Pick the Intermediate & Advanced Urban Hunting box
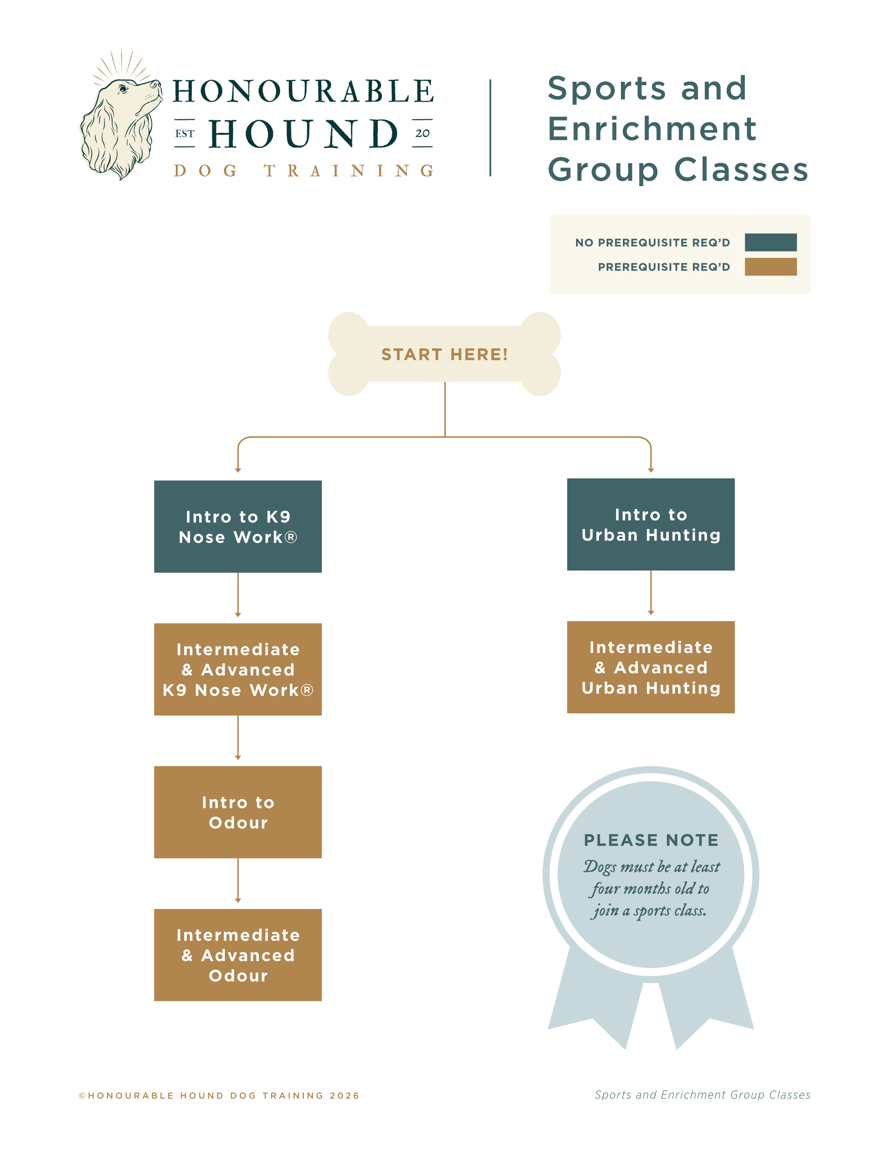point(650,667)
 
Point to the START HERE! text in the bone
point(444,354)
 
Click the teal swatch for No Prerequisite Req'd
point(770,242)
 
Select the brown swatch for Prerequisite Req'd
point(770,267)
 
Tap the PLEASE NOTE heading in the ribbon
point(651,840)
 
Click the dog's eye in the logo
point(123,89)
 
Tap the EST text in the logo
point(184,134)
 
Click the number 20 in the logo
point(422,134)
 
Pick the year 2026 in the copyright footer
point(344,1096)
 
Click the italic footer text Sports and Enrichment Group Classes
point(702,1095)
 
